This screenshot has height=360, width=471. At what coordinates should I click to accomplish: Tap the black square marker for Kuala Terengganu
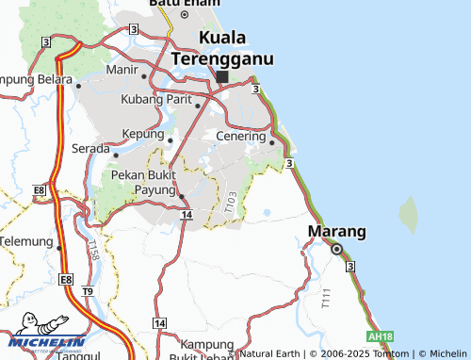(x=221, y=78)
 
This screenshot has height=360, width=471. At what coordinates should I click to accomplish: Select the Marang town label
(x=337, y=231)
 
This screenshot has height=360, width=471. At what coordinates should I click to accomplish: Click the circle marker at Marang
(x=336, y=249)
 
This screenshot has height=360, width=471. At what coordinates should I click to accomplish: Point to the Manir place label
(x=122, y=70)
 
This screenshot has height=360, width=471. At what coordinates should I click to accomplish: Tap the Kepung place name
(x=143, y=136)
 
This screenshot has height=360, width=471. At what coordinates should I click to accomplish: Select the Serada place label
(x=90, y=149)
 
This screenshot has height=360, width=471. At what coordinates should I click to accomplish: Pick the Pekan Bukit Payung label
(x=143, y=183)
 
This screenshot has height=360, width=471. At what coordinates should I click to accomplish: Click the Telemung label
(x=25, y=241)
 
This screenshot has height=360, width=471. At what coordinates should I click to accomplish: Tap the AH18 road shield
(x=381, y=336)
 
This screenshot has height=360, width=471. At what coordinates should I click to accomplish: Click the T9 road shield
(x=87, y=292)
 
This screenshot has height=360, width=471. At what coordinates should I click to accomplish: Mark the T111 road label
(x=326, y=300)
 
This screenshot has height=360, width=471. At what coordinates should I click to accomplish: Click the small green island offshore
(x=408, y=214)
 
